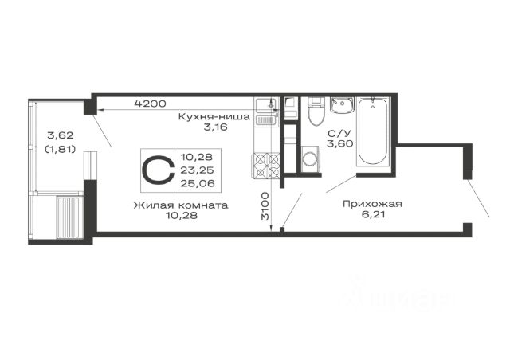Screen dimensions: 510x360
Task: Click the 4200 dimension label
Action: click(151, 104)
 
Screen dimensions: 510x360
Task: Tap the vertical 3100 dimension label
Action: click(265, 205)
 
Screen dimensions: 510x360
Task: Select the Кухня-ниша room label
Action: click(214, 116)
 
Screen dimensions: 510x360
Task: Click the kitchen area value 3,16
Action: click(215, 127)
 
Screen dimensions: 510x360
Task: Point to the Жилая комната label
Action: click(181, 205)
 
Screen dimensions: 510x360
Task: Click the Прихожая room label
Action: click(372, 204)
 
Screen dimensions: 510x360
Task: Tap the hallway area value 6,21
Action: click(374, 214)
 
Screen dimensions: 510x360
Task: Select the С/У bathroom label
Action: click(340, 133)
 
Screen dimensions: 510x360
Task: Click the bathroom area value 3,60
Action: click(340, 143)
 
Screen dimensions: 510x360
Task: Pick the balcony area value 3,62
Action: click(61, 135)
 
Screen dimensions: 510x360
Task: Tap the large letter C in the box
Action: click(158, 170)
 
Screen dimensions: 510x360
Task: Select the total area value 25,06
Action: click(198, 183)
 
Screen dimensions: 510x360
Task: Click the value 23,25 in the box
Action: click(197, 170)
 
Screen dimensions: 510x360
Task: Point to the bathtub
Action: click(373, 131)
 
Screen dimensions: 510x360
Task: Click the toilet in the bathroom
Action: click(316, 111)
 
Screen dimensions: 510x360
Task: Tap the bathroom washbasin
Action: click(342, 104)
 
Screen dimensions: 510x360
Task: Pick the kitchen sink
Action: click(265, 104)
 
